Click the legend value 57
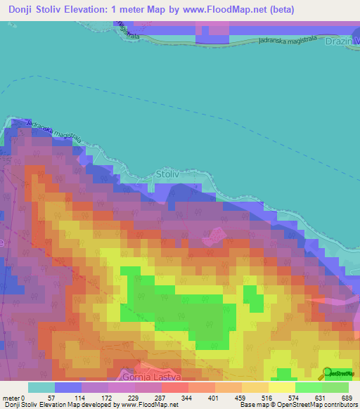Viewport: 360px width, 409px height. click(x=50, y=398)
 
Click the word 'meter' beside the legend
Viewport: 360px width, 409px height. click(x=13, y=398)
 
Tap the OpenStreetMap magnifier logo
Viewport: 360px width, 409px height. click(x=327, y=373)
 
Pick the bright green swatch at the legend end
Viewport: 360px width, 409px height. click(x=335, y=387)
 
